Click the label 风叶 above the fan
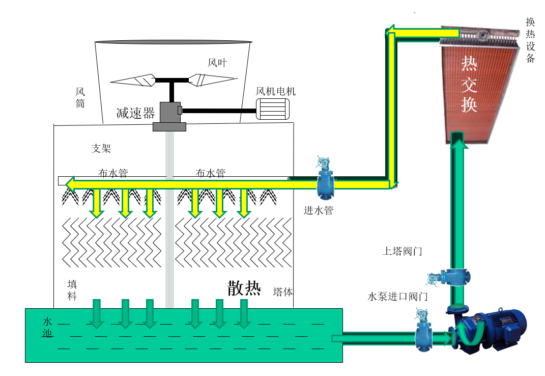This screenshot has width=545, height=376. pos(217,63)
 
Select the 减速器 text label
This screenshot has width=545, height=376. pos(135,113)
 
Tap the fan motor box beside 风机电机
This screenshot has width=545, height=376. pos(272,109)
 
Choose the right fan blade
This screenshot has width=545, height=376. pos(212,79)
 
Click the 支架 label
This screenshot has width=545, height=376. pos(101,149)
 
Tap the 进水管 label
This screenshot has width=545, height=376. pos(318,210)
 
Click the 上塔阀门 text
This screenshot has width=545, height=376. pos(402,251)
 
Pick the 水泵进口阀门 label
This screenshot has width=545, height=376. pos(397,297)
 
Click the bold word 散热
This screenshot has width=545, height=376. pos(244,288)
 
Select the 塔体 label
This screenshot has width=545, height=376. pos(283,292)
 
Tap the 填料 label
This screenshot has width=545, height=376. pos(72,290)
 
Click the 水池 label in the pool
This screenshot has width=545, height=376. pos(48,328)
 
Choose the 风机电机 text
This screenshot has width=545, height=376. pos(275,92)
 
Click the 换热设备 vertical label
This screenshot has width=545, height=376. pos(530,40)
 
